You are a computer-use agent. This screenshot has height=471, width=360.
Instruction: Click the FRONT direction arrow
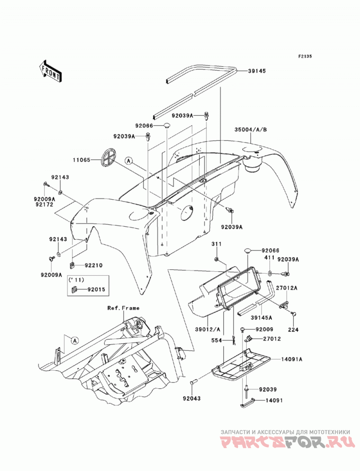(50, 71)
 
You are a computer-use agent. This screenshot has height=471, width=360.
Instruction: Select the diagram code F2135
(305, 56)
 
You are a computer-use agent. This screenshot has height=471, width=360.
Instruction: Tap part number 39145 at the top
(257, 71)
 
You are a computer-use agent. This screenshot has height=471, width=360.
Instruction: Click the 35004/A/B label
(251, 130)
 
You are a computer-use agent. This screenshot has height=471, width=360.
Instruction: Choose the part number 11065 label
(81, 160)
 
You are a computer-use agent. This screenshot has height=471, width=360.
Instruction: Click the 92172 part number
(43, 205)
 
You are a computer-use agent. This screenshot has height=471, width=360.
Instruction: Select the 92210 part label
(94, 265)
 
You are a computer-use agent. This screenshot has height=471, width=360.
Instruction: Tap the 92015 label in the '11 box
(96, 290)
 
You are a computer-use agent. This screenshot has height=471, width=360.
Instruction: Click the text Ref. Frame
(123, 308)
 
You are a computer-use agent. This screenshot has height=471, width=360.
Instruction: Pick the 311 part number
(216, 244)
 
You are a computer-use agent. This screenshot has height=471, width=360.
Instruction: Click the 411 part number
(270, 257)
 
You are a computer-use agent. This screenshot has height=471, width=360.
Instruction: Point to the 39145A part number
(262, 318)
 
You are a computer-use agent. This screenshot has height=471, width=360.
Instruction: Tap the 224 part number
(293, 329)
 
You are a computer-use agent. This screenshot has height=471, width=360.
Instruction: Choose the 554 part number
(216, 341)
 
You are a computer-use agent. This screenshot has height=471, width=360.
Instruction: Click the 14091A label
(292, 359)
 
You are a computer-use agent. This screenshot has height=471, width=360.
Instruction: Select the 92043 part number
(191, 399)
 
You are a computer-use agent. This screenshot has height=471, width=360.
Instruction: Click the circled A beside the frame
(75, 341)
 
